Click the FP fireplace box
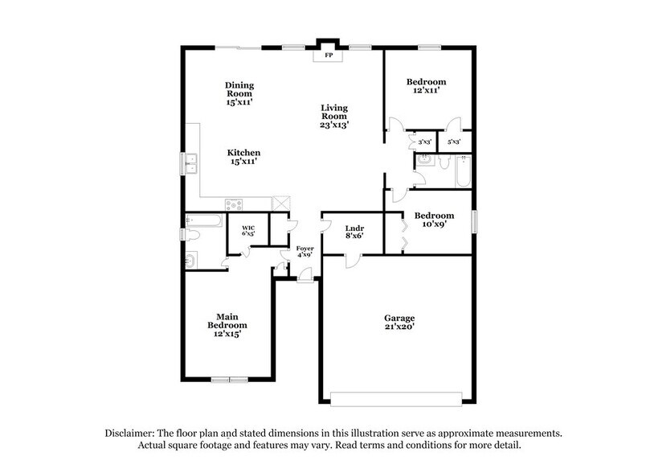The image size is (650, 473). pos(328,56)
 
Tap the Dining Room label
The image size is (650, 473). pos(239,94)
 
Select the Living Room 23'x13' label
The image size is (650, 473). pos(334,116)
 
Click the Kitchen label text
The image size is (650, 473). pos(243,157)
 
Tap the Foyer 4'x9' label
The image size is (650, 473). pos(305,251)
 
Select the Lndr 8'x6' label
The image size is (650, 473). pos(344,232)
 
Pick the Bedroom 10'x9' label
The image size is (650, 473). pos(434,220)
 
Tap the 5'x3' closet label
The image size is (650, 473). pos(454,142)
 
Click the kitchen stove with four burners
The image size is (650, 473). pos(233,204)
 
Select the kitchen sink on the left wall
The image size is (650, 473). pos(191,163)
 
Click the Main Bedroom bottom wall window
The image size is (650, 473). pos(230,379)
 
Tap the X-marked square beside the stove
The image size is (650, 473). pos(281,204)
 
